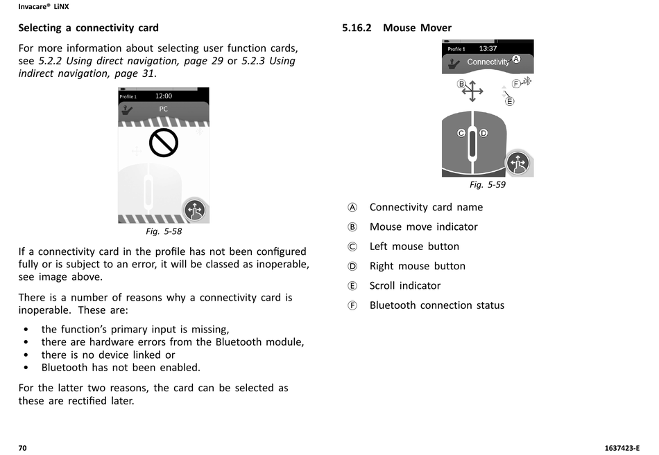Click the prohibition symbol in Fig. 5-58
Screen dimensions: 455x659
(x=164, y=143)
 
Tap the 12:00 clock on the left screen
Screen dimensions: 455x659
(x=164, y=96)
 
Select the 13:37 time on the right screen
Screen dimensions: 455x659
(x=488, y=48)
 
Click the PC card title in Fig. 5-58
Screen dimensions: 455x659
(x=164, y=109)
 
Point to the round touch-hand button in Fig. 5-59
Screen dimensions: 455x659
(x=517, y=163)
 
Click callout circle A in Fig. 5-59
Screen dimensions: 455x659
(x=515, y=59)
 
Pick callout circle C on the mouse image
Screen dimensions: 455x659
(x=461, y=133)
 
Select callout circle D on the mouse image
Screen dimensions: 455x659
(x=483, y=133)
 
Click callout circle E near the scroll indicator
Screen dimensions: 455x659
(x=510, y=101)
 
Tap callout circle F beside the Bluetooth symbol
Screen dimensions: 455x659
(x=516, y=84)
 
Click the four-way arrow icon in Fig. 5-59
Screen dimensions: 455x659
(x=473, y=91)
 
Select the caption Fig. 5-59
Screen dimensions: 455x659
(x=488, y=185)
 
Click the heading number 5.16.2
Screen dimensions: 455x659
(x=357, y=28)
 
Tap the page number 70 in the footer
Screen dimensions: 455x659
(x=22, y=448)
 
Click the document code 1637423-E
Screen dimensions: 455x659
(x=622, y=448)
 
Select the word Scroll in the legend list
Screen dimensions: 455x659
(x=384, y=285)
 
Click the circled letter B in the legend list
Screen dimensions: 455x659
(x=352, y=227)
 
